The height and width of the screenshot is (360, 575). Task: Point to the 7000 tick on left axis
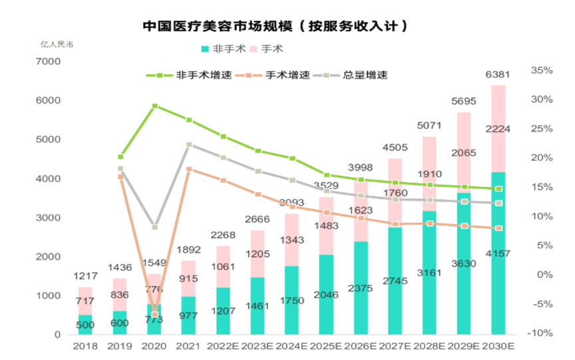(x=47, y=62)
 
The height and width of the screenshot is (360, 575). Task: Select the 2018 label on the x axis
(x=85, y=346)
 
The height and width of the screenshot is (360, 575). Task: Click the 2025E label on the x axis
(x=326, y=346)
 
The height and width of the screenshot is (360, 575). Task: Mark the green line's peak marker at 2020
(x=154, y=106)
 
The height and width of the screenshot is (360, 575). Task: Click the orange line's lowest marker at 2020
(x=154, y=314)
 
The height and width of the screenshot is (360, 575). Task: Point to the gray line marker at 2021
(x=189, y=144)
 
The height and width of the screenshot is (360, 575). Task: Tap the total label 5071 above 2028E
(x=429, y=125)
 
